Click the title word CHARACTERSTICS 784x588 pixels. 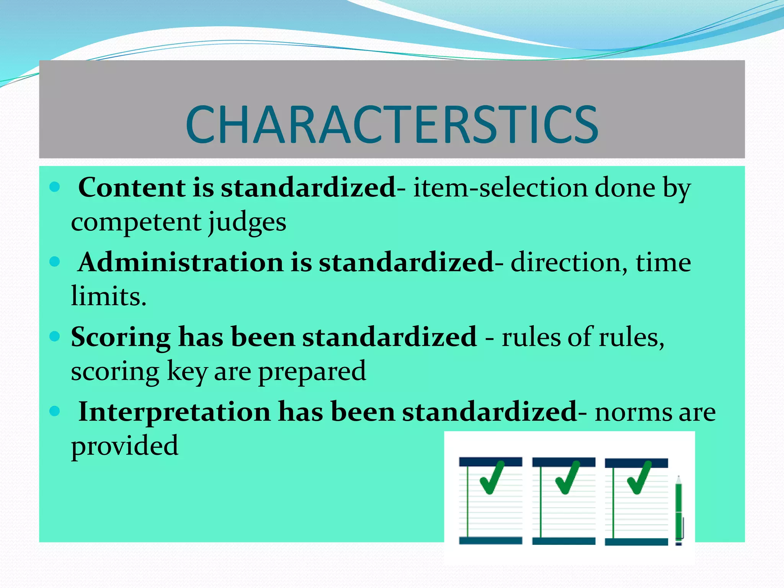click(392, 125)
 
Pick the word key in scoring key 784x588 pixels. click(187, 371)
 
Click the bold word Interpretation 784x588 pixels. click(174, 412)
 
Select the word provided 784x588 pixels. click(124, 446)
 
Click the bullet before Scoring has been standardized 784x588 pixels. click(55, 336)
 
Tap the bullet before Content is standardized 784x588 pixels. click(55, 187)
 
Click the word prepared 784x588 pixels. click(312, 371)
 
